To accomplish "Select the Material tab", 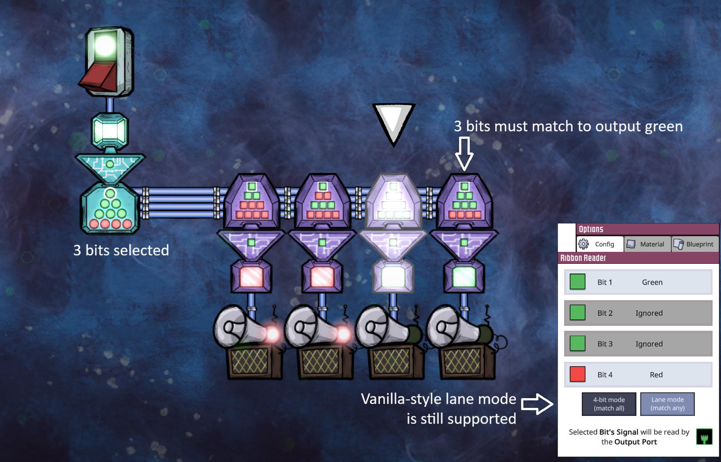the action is point(647,244).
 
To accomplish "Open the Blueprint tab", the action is point(695,244).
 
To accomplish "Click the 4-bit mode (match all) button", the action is point(609,404).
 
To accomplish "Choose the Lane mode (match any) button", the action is point(667,404).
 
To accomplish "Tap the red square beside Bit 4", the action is point(577,374).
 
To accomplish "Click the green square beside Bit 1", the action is point(577,282).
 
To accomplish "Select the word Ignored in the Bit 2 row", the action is point(649,313).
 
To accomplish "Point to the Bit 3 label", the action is point(605,344).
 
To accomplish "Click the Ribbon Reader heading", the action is point(583,258).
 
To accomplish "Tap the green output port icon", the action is point(704,437).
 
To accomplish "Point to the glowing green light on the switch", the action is point(105,45).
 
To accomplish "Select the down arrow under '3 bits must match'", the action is point(464,153).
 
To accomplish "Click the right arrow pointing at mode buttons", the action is point(537,404).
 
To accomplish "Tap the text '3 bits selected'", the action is point(121,250).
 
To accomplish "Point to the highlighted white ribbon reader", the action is point(393,201).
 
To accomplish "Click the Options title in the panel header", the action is point(591,229).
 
